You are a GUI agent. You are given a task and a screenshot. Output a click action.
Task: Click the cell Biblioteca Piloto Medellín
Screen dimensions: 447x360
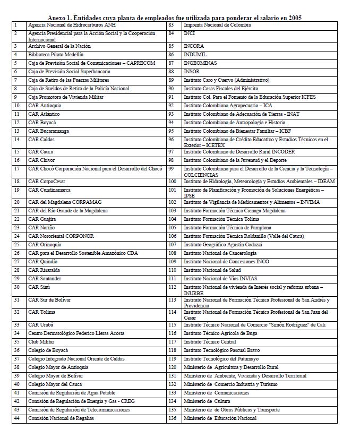coord(55,55)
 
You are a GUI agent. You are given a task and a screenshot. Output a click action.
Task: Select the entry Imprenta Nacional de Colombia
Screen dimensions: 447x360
coord(217,25)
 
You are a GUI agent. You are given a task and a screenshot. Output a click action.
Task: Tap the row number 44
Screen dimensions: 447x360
coord(17,418)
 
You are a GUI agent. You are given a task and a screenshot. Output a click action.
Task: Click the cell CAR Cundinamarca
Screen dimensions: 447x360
coord(49,190)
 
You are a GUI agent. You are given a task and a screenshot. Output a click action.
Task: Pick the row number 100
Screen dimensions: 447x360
coord(172,182)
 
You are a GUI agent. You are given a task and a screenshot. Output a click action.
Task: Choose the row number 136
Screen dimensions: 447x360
coord(172,418)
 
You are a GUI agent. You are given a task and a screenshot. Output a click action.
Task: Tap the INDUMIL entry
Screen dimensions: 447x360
coord(195,55)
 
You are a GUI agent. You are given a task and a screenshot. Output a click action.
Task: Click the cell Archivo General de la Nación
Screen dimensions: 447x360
coord(59,46)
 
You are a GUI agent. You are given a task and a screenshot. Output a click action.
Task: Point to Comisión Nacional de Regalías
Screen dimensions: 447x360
coord(61,418)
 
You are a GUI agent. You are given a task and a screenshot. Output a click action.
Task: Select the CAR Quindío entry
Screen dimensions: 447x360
coord(42,262)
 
